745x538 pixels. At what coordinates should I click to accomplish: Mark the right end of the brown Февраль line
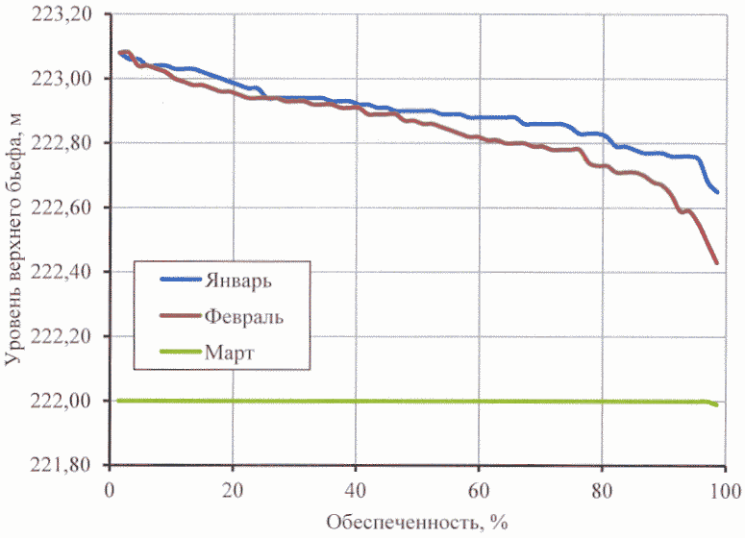click(716, 262)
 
